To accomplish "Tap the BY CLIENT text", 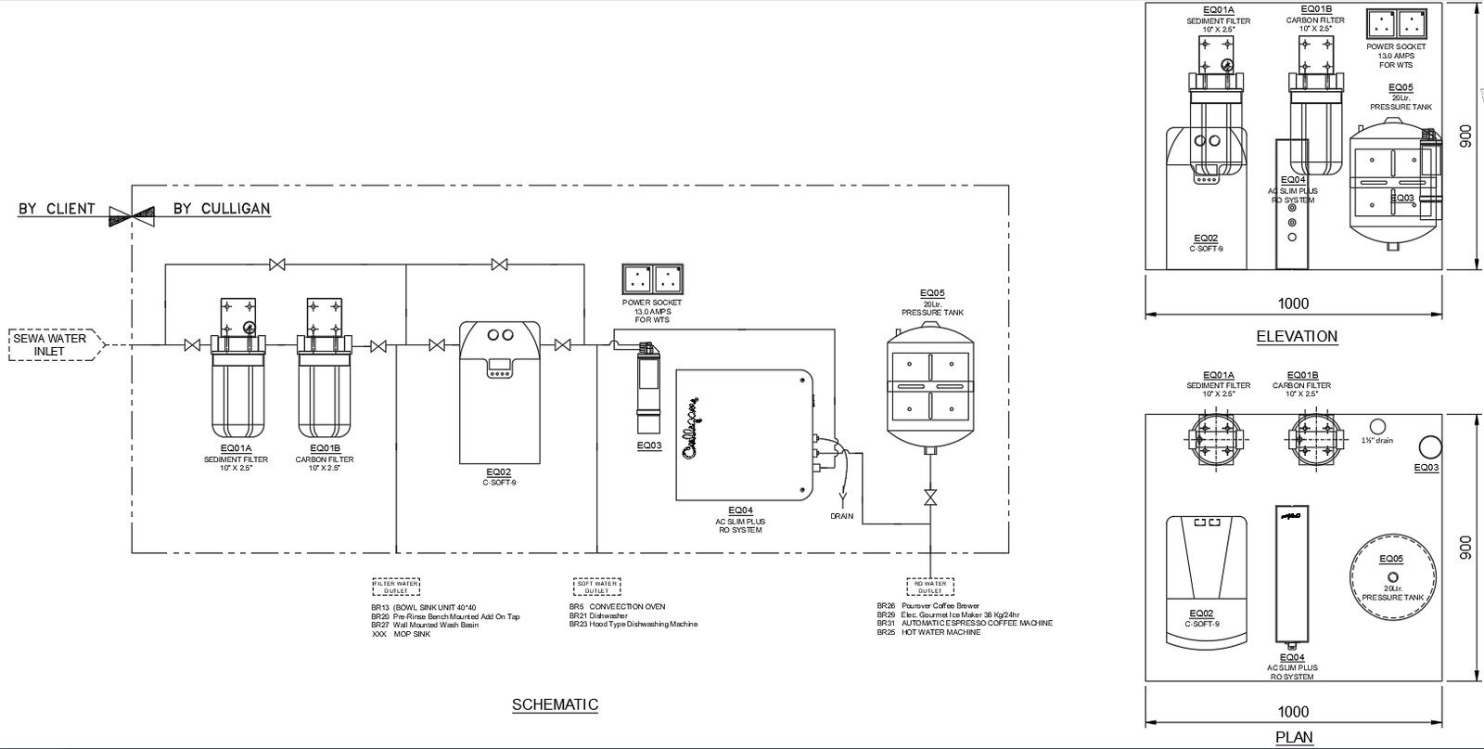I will click(57, 209).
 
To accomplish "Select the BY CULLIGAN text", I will click(222, 209).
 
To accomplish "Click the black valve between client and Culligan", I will click(131, 215).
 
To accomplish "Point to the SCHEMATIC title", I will click(555, 704).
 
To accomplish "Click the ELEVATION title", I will click(1296, 336).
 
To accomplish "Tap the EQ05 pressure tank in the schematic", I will click(930, 385).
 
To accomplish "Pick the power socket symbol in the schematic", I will click(653, 279).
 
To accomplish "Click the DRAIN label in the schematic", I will click(841, 517).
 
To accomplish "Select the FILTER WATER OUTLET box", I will click(396, 587).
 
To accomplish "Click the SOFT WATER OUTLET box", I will click(596, 587).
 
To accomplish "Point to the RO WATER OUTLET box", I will click(929, 587).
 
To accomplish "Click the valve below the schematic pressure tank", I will click(929, 497).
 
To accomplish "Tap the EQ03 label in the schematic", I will click(649, 446).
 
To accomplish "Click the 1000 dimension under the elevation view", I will click(1293, 303).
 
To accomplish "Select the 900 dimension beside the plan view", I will click(1466, 547).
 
